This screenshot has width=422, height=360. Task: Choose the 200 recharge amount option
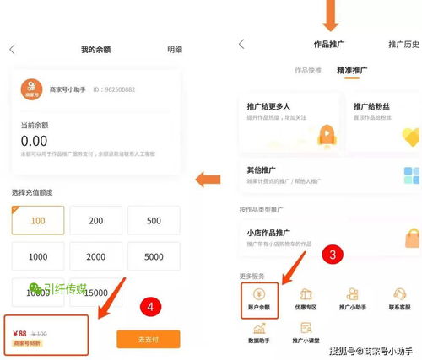coord(95,220)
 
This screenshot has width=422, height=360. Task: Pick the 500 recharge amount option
coord(154,220)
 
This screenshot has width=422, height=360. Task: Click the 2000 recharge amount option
coord(95,256)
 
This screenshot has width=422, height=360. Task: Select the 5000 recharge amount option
coord(154,256)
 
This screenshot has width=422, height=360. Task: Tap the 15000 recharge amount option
coord(95,292)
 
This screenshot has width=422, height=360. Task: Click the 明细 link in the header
coord(174,50)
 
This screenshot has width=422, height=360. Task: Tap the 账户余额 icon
coord(259,299)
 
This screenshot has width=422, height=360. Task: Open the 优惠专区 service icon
coord(306,299)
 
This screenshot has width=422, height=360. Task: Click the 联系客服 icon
coord(399,299)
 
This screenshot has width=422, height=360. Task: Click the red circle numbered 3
coord(334,252)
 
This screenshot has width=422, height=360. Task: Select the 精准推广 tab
coord(352,72)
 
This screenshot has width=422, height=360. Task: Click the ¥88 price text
coord(19,333)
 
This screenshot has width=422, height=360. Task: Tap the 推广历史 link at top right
coord(403,44)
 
